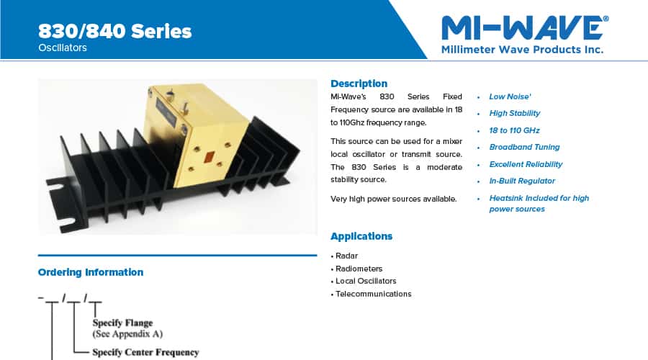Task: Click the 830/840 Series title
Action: [x=114, y=31]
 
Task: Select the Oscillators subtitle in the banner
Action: [x=63, y=48]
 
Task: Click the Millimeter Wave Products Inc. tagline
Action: [x=522, y=50]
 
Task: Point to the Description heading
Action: [x=359, y=84]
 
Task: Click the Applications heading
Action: [x=361, y=236]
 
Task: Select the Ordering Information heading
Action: [x=91, y=272]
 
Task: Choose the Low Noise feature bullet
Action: [x=510, y=96]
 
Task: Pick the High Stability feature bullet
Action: [x=514, y=113]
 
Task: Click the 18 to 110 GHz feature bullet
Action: [x=514, y=130]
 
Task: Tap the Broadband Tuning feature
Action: [x=524, y=147]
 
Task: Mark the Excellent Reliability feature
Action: [x=526, y=164]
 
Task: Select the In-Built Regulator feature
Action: [x=522, y=181]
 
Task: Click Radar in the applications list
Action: [x=346, y=256]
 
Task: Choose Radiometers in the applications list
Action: [x=359, y=269]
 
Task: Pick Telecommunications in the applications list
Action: [x=373, y=294]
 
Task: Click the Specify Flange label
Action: [x=122, y=323]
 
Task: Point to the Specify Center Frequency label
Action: [x=145, y=352]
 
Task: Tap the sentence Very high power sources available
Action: [x=393, y=199]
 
